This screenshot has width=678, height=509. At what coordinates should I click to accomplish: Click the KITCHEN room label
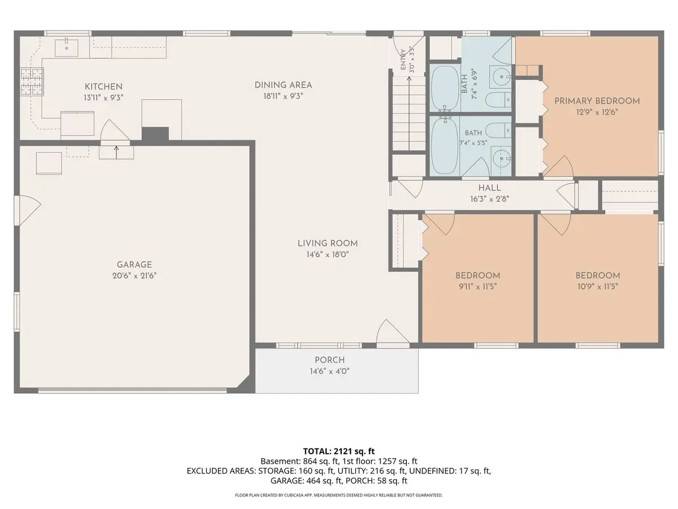[x=103, y=87]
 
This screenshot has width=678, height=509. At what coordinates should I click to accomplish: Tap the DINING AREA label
[x=283, y=85]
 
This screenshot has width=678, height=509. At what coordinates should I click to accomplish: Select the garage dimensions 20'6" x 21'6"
[x=134, y=275]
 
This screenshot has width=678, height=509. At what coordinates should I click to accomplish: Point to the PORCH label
[x=329, y=360]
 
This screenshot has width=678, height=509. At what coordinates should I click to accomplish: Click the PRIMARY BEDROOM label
[x=597, y=101]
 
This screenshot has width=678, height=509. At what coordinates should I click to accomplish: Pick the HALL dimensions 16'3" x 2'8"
[x=490, y=199]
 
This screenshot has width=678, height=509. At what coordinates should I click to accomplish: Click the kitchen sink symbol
[x=67, y=48]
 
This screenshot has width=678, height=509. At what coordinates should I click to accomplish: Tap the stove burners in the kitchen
[x=32, y=81]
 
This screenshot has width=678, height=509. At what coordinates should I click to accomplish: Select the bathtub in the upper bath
[x=444, y=89]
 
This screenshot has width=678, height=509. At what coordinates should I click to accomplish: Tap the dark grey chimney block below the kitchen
[x=155, y=134]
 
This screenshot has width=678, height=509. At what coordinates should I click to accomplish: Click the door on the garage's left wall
[x=28, y=210]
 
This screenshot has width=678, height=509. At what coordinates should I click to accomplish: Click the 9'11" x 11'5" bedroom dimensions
[x=478, y=287]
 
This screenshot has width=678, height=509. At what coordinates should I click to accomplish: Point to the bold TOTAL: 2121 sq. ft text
[x=339, y=451]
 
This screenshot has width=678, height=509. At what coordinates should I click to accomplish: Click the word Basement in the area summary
[x=280, y=461]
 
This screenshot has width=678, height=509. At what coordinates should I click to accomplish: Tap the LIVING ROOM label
[x=328, y=244]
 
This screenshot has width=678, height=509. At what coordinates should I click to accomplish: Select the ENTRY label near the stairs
[x=403, y=59]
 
